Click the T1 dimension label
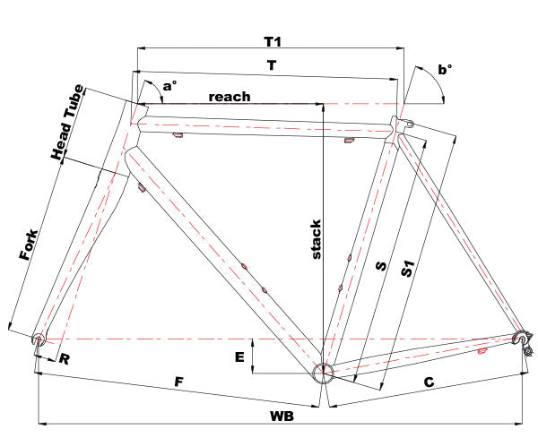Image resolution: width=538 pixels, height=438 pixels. tap(273, 42)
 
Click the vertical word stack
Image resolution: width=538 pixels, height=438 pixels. tap(316, 239)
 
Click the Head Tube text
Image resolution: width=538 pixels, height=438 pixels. tap(70, 122)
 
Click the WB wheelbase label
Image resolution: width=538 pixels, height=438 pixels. tap(282, 417)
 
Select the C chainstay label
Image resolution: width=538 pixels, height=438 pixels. tap(429, 382)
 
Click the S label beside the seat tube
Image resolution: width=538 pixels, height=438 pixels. tap(380, 266)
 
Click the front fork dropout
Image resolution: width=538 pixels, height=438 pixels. tap(38, 339)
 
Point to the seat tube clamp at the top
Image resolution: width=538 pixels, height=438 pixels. tap(401, 122)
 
